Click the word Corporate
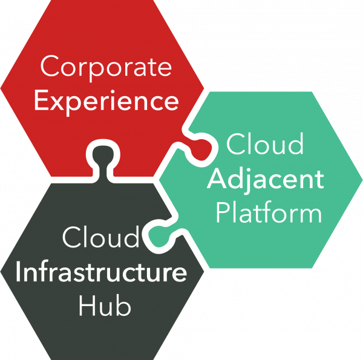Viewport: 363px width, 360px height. coord(106,67)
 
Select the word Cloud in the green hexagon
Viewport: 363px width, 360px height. coord(264,145)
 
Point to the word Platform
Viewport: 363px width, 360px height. coord(269,212)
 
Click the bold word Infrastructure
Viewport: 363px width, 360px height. coord(100,272)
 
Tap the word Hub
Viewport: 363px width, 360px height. coord(104,306)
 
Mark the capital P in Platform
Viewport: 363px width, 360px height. coord(224,212)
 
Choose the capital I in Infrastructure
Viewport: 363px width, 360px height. coord(19,272)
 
